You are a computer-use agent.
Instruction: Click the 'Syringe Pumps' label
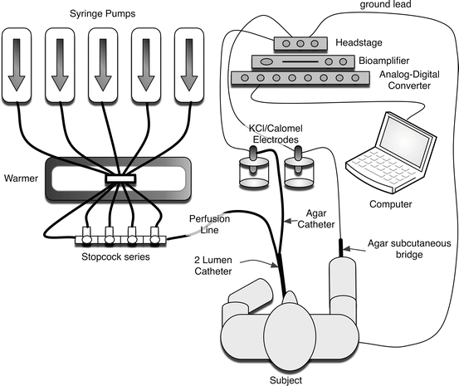pyautogui.click(x=102, y=14)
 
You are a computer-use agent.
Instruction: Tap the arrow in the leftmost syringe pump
pyautogui.click(x=17, y=65)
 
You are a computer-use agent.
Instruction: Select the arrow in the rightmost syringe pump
pyautogui.click(x=189, y=65)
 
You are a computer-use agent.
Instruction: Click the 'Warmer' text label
pyautogui.click(x=21, y=178)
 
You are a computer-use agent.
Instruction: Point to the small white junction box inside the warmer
pyautogui.click(x=120, y=178)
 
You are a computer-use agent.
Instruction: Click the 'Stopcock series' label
pyautogui.click(x=115, y=257)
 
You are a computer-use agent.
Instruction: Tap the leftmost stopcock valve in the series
pyautogui.click(x=87, y=236)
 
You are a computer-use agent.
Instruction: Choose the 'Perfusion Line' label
pyautogui.click(x=210, y=224)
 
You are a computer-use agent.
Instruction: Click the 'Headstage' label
pyautogui.click(x=359, y=43)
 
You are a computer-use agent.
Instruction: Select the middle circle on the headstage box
pyautogui.click(x=300, y=44)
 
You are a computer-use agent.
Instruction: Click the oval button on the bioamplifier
pyautogui.click(x=266, y=61)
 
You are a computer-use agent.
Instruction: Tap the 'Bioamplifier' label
pyautogui.click(x=384, y=61)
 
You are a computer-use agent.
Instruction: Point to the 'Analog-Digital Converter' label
pyautogui.click(x=409, y=80)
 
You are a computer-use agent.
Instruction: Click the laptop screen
pyautogui.click(x=405, y=139)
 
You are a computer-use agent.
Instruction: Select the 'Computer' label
pyautogui.click(x=390, y=204)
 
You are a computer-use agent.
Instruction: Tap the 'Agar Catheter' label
pyautogui.click(x=316, y=219)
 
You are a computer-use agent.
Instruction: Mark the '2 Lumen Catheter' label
pyautogui.click(x=213, y=266)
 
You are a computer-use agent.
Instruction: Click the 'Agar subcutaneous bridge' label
pyautogui.click(x=409, y=249)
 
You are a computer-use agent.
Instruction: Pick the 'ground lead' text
pyautogui.click(x=385, y=5)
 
